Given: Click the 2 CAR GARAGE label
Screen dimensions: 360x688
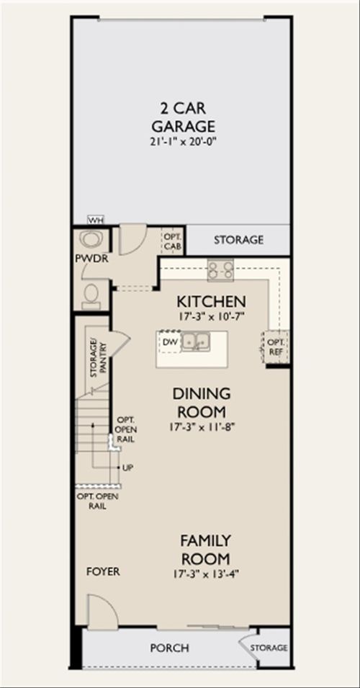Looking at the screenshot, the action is click(x=184, y=117).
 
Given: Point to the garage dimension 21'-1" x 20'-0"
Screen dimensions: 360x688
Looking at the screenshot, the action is click(x=184, y=141).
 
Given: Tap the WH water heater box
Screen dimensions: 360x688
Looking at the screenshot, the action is click(x=95, y=220).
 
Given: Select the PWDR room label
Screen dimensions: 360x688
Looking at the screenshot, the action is click(x=91, y=259).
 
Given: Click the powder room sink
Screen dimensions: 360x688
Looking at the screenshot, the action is click(x=91, y=241).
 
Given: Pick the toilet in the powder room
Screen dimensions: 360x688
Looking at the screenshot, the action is click(x=91, y=296).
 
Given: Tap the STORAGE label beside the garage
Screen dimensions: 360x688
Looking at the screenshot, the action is click(x=238, y=240).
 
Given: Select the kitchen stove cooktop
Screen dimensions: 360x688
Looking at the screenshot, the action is click(x=220, y=270).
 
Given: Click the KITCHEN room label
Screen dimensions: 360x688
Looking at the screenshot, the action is click(x=212, y=302).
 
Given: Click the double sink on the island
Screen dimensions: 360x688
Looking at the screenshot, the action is click(x=196, y=341).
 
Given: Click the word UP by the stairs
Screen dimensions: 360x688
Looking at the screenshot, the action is click(x=127, y=468).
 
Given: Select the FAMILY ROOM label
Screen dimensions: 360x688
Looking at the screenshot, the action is click(x=205, y=550).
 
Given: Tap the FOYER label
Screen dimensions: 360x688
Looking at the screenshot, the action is click(x=103, y=572).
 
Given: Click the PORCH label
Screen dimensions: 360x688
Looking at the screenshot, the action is click(x=170, y=648).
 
